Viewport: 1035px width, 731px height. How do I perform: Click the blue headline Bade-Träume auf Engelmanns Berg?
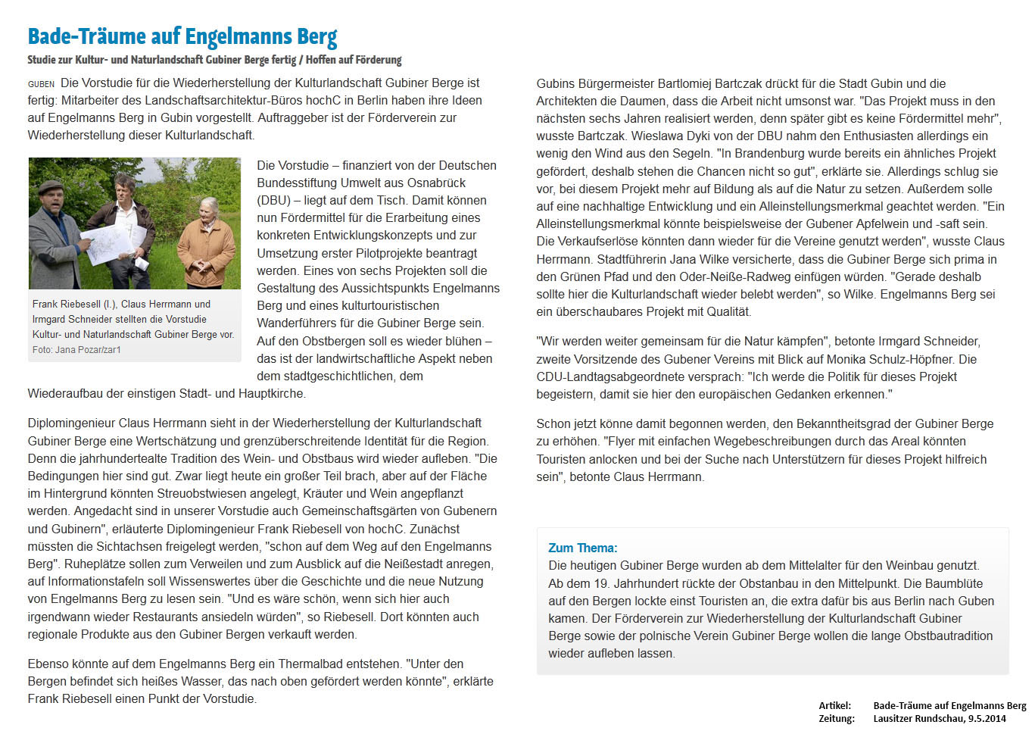tap(182, 36)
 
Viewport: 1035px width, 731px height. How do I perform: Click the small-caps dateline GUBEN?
tap(41, 84)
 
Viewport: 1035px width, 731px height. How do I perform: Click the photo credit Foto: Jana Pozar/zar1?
tap(76, 350)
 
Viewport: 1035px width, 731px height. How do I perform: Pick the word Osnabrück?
tap(435, 183)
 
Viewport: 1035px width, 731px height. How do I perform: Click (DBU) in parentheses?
tap(273, 201)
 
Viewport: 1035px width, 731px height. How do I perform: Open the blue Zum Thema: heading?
tap(582, 548)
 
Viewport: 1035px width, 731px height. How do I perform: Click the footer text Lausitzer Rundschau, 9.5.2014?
tap(939, 719)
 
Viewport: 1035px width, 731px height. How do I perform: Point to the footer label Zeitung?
tap(836, 719)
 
